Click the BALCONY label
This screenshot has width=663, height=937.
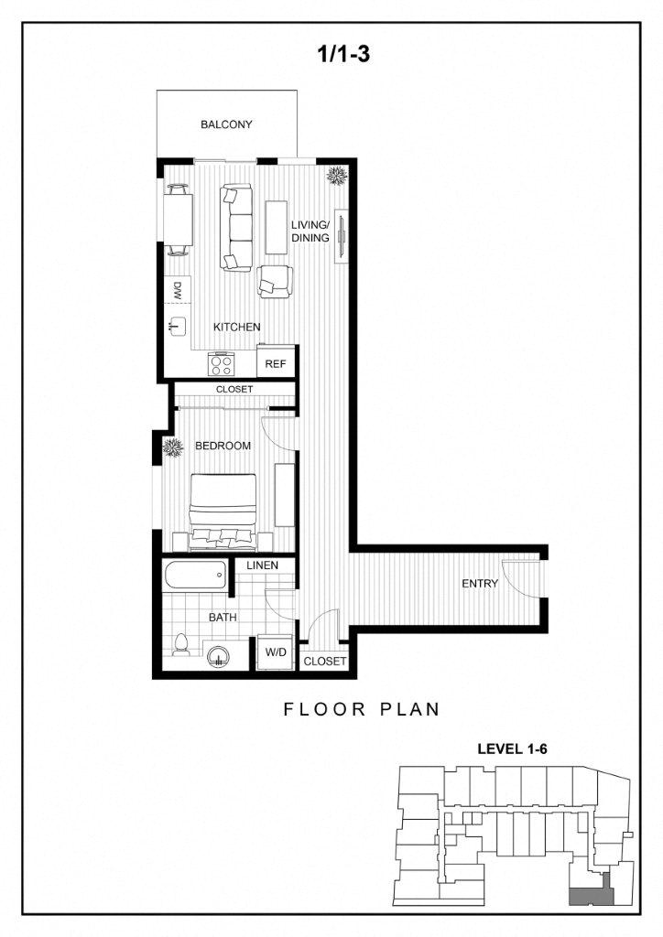tap(226, 124)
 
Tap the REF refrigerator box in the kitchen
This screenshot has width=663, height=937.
tap(276, 362)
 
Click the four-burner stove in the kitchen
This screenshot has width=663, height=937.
tap(222, 363)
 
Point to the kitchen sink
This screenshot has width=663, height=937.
tap(178, 325)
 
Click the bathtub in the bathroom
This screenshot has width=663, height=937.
tap(194, 576)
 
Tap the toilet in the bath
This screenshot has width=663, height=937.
tap(180, 644)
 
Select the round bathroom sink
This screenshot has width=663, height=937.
tap(219, 656)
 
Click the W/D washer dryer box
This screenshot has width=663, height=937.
tap(275, 652)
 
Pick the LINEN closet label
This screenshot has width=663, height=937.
tap(262, 565)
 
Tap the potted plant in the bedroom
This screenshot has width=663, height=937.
tap(173, 447)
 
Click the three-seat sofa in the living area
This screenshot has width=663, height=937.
tap(236, 228)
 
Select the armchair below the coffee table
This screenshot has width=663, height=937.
tap(275, 282)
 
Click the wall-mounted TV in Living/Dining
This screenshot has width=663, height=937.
tap(340, 236)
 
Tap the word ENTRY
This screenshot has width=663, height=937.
tap(480, 583)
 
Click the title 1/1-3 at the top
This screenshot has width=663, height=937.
tap(343, 54)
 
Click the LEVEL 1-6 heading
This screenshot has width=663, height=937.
tap(512, 749)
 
